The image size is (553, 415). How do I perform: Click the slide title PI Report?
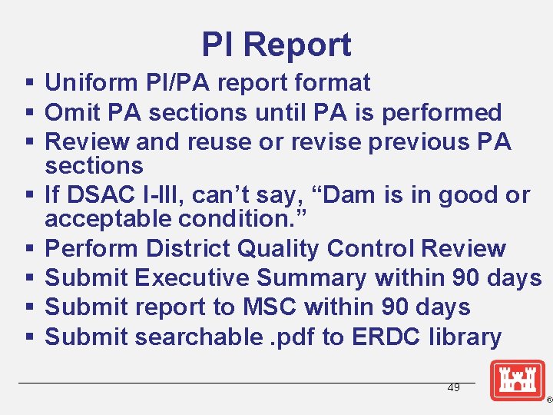(x=276, y=45)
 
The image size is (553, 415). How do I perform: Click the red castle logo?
(x=518, y=380)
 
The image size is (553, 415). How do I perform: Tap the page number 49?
(x=454, y=388)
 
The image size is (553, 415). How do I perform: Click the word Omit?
(x=70, y=112)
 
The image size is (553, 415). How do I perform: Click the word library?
(x=467, y=337)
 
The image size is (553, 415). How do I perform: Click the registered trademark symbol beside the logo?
(x=548, y=400)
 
